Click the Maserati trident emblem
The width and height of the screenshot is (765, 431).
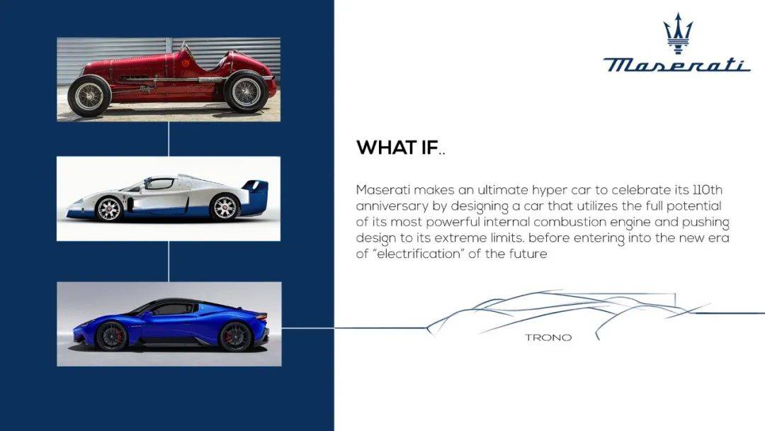677,33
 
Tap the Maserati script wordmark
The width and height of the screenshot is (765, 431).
676,65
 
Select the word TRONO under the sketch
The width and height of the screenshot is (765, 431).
548,337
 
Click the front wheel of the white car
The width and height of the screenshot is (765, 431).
109,208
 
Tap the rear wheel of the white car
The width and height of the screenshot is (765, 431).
225,207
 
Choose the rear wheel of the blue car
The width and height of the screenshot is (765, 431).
236,336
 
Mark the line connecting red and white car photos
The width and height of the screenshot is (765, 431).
169,139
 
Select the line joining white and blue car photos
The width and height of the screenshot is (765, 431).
169,261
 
